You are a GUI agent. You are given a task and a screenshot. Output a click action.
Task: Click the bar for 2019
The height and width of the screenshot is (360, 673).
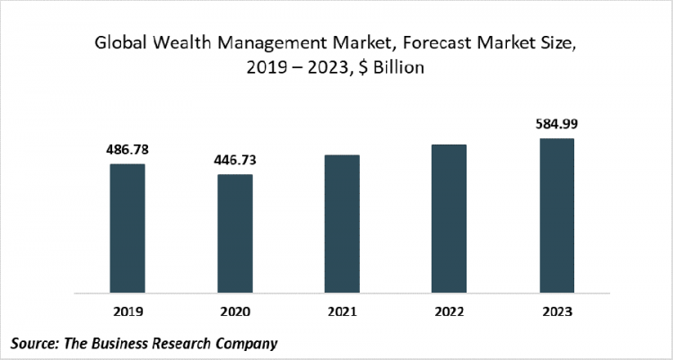127,228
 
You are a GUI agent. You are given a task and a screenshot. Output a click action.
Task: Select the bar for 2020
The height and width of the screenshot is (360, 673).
234,233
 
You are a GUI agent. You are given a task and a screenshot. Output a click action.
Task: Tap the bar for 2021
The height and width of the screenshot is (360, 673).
342,224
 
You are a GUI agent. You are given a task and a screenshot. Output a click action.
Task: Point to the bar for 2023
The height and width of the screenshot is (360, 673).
556,215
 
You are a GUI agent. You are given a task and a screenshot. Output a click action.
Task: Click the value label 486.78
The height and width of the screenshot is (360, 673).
127,149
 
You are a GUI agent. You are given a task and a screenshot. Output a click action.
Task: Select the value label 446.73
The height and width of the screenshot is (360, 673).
234,160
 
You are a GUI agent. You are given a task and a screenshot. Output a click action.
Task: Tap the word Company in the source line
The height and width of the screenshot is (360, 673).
245,343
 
